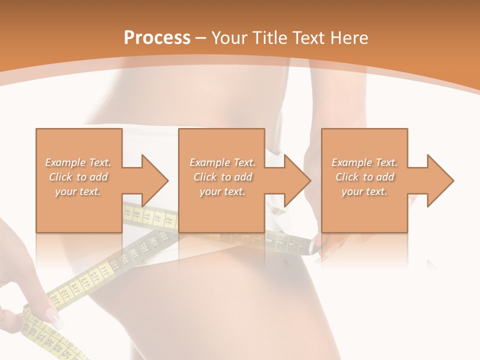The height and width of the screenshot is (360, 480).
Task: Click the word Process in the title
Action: [x=157, y=38]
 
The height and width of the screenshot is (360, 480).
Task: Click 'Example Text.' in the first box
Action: [x=78, y=162]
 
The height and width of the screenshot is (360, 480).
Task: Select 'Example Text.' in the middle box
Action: [x=222, y=162]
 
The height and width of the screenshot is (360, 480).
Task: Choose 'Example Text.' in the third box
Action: [x=364, y=162]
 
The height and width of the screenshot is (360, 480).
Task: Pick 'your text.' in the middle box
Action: [x=222, y=191]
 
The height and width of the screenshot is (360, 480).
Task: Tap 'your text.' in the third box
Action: [x=364, y=191]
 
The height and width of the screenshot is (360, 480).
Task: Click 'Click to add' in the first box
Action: [x=78, y=177]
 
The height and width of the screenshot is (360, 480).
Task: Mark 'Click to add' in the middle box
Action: [x=222, y=177]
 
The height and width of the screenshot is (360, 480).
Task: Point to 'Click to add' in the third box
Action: [x=364, y=177]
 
